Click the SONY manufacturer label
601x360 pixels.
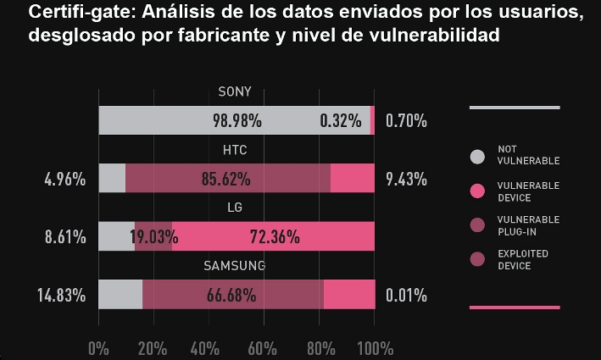pyautogui.click(x=235, y=93)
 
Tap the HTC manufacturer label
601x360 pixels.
pyautogui.click(x=235, y=151)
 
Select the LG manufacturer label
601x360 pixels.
pyautogui.click(x=235, y=208)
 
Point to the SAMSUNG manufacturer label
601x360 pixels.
pyautogui.click(x=235, y=266)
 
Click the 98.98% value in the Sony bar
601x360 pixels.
pyautogui.click(x=237, y=121)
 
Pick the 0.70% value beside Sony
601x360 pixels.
pyautogui.click(x=406, y=121)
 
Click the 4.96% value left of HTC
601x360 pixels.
pyautogui.click(x=65, y=180)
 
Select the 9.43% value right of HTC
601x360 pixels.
pyautogui.click(x=406, y=180)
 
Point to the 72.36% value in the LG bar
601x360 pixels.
pyautogui.click(x=275, y=237)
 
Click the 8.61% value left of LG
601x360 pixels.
pyautogui.click(x=65, y=237)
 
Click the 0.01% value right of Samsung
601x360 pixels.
pyautogui.click(x=406, y=296)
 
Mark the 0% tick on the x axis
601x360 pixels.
pyautogui.click(x=98, y=348)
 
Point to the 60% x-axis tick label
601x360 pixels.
pyautogui.click(x=263, y=348)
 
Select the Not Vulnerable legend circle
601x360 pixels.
pyautogui.click(x=477, y=156)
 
